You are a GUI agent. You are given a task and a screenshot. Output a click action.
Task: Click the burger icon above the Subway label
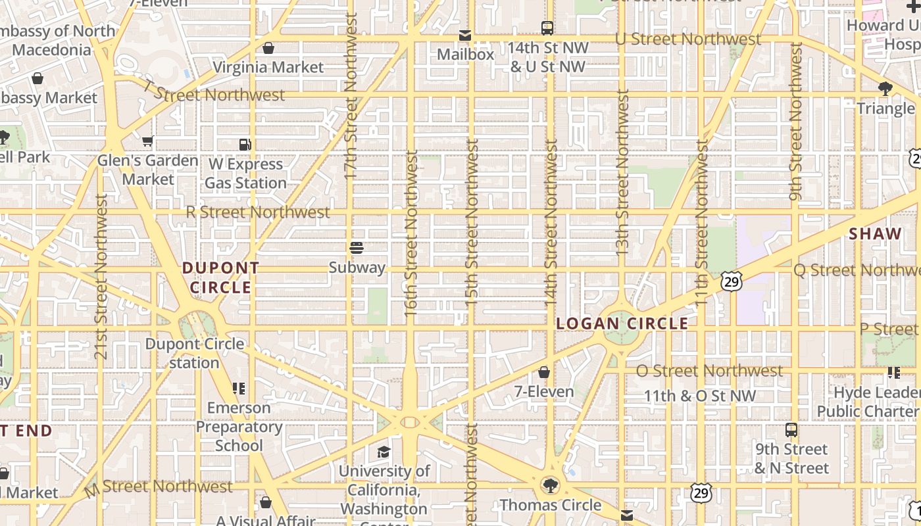click(x=356, y=248)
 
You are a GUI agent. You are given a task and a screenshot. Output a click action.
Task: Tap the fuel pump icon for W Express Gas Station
click(x=245, y=145)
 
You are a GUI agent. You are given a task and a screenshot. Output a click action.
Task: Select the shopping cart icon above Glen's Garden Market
click(x=148, y=141)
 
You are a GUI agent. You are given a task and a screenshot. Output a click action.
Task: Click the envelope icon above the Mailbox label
click(x=465, y=36)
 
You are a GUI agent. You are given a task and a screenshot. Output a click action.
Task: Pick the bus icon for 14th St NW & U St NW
click(x=547, y=28)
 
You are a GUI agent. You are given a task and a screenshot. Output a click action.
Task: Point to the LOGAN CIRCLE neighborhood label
click(x=622, y=323)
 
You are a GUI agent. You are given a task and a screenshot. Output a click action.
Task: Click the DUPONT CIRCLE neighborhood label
click(x=221, y=277)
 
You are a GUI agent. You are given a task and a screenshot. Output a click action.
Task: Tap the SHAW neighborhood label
click(x=875, y=234)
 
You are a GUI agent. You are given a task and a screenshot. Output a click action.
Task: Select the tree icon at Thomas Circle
click(x=550, y=486)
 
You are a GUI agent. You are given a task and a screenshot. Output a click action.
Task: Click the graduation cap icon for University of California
click(x=384, y=452)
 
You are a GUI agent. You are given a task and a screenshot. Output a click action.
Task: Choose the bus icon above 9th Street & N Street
click(x=791, y=430)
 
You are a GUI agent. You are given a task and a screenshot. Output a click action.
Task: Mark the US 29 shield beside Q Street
click(x=732, y=281)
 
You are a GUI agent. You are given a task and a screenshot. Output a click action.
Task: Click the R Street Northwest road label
click(x=258, y=212)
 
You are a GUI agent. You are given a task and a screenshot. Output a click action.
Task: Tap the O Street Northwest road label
click(x=710, y=371)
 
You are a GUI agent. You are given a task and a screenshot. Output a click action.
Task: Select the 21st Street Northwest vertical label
click(x=101, y=276)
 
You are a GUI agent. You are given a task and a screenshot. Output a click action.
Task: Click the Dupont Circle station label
click(x=194, y=353)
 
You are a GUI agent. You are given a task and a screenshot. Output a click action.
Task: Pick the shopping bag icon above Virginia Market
click(x=268, y=48)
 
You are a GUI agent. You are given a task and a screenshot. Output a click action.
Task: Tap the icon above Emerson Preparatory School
click(x=238, y=389)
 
